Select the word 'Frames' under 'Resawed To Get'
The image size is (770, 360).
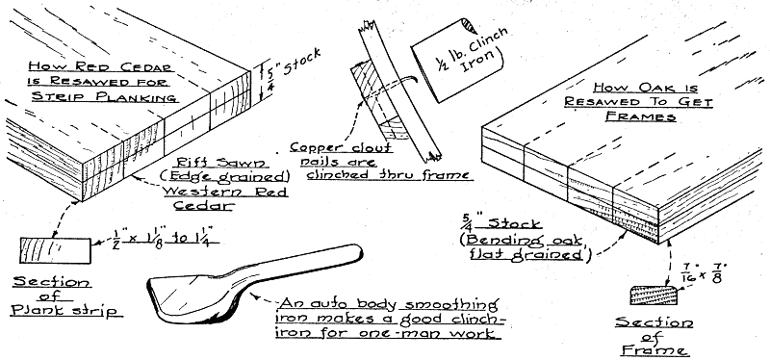coord(640,116)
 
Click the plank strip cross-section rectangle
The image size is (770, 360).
coord(55,250)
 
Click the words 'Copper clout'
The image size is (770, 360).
coord(341,147)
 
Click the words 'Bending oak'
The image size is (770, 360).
coord(523,240)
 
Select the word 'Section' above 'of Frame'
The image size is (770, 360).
coord(654,323)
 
